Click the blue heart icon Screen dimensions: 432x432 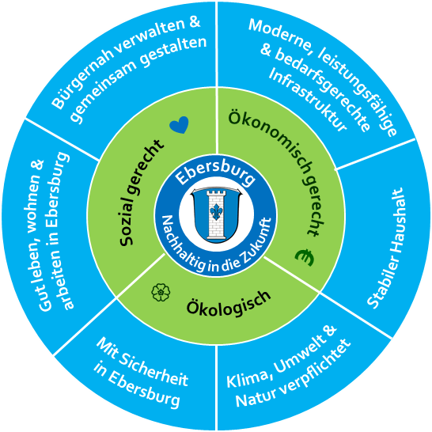(x=179, y=125)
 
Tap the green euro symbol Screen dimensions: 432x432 (x=305, y=258)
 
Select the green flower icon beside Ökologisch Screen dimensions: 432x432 (x=161, y=292)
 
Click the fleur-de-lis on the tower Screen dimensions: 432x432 (x=216, y=211)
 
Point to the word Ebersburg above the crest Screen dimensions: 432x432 (x=215, y=172)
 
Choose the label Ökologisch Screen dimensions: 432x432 (x=229, y=303)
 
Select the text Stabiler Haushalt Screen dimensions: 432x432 (x=386, y=248)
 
